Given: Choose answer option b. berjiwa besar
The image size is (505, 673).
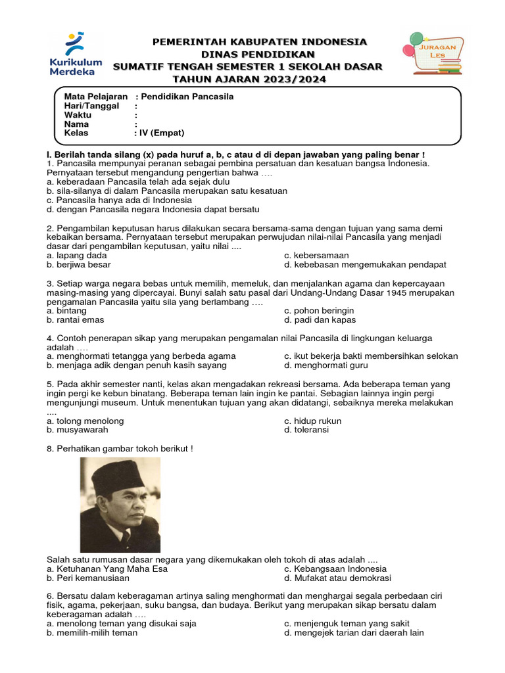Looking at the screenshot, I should tap(78, 265).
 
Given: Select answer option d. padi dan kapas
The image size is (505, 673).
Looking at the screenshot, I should tap(320, 320).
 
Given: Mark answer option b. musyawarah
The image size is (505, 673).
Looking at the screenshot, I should tap(77, 430).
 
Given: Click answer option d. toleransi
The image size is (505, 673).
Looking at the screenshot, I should tap(306, 430).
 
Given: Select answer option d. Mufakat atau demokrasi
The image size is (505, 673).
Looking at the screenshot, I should tap(337, 578).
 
